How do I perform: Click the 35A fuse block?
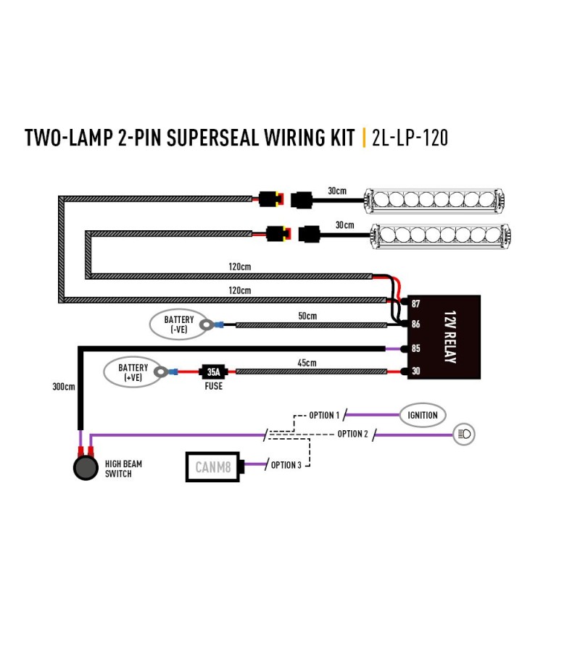click(213, 372)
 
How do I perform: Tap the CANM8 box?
click(213, 467)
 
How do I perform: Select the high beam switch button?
click(86, 468)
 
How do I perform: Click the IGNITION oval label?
click(423, 415)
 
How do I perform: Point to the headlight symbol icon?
click(464, 435)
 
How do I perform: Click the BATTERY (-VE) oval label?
click(178, 324)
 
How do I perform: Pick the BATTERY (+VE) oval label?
click(133, 372)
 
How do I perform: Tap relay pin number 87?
click(415, 303)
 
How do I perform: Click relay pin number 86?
click(415, 324)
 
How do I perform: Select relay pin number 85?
click(415, 348)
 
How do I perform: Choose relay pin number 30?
click(415, 371)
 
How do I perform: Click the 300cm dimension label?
click(64, 387)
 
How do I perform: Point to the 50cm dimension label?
click(307, 316)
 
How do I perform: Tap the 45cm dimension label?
click(307, 363)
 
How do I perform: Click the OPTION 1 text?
click(324, 415)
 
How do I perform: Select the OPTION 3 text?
click(286, 465)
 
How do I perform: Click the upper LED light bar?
click(434, 201)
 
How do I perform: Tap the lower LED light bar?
click(441, 236)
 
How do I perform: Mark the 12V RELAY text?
click(450, 337)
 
